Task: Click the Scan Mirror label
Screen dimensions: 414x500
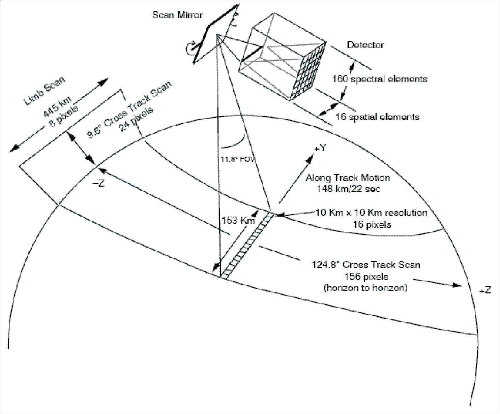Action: [x=177, y=15]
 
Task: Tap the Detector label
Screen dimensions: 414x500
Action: [x=365, y=45]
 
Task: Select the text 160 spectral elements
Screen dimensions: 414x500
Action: [x=380, y=79]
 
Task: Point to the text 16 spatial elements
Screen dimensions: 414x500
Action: [x=377, y=117]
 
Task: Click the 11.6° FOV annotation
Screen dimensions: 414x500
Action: [x=237, y=160]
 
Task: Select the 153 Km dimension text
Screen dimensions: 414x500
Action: [x=238, y=220]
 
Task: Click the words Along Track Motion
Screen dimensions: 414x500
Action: [x=348, y=178]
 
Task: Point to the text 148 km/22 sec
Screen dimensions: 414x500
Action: [x=348, y=189]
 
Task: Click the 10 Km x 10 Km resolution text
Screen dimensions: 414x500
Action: [x=371, y=213]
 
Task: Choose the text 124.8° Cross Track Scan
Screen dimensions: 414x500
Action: [x=366, y=265]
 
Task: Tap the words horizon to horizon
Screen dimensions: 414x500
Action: [x=365, y=288]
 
